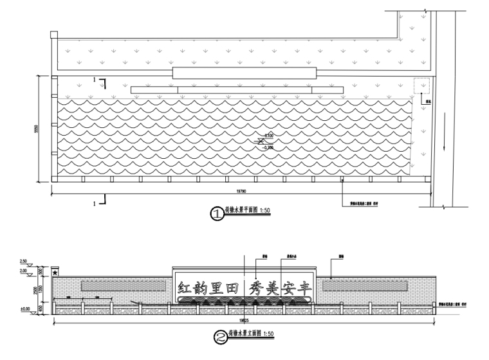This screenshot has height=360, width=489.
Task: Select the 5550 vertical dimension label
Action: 37,129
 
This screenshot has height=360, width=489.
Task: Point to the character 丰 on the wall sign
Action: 304,287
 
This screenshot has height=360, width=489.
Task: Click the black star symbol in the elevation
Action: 55,273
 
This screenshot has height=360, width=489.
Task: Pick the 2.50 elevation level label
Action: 23,262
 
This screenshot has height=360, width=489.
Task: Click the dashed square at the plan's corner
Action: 421,86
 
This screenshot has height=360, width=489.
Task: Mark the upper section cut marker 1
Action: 97,80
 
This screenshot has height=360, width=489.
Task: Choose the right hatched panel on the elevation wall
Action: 365,285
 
